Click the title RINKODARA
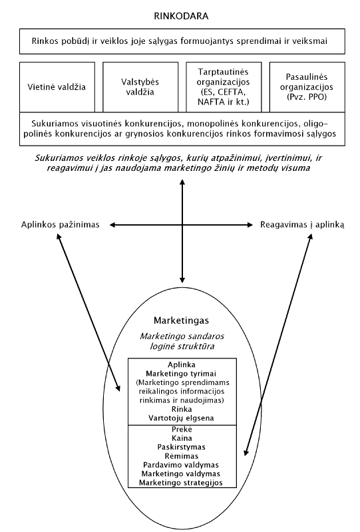point(181,16)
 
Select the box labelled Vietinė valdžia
point(57,87)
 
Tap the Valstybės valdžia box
point(140,87)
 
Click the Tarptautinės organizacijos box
point(224,87)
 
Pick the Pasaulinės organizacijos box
point(307,87)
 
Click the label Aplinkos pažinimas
point(61,225)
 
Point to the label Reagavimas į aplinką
point(302,225)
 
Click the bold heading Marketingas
point(182,321)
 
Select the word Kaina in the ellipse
point(182,438)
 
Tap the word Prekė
point(182,429)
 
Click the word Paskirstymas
point(182,447)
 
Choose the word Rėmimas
point(182,456)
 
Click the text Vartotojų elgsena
point(182,418)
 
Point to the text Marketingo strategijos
point(181,483)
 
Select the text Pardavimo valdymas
point(181,465)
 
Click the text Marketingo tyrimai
point(181,374)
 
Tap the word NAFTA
point(209,102)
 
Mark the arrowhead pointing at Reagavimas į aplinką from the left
point(250,225)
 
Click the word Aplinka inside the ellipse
point(182,365)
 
